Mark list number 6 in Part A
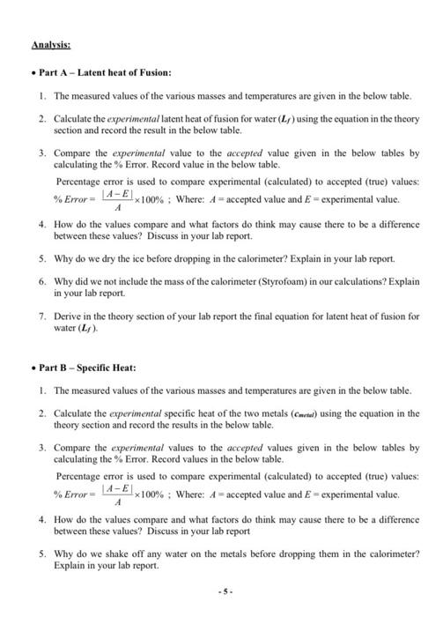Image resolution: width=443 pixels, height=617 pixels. click(x=41, y=280)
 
